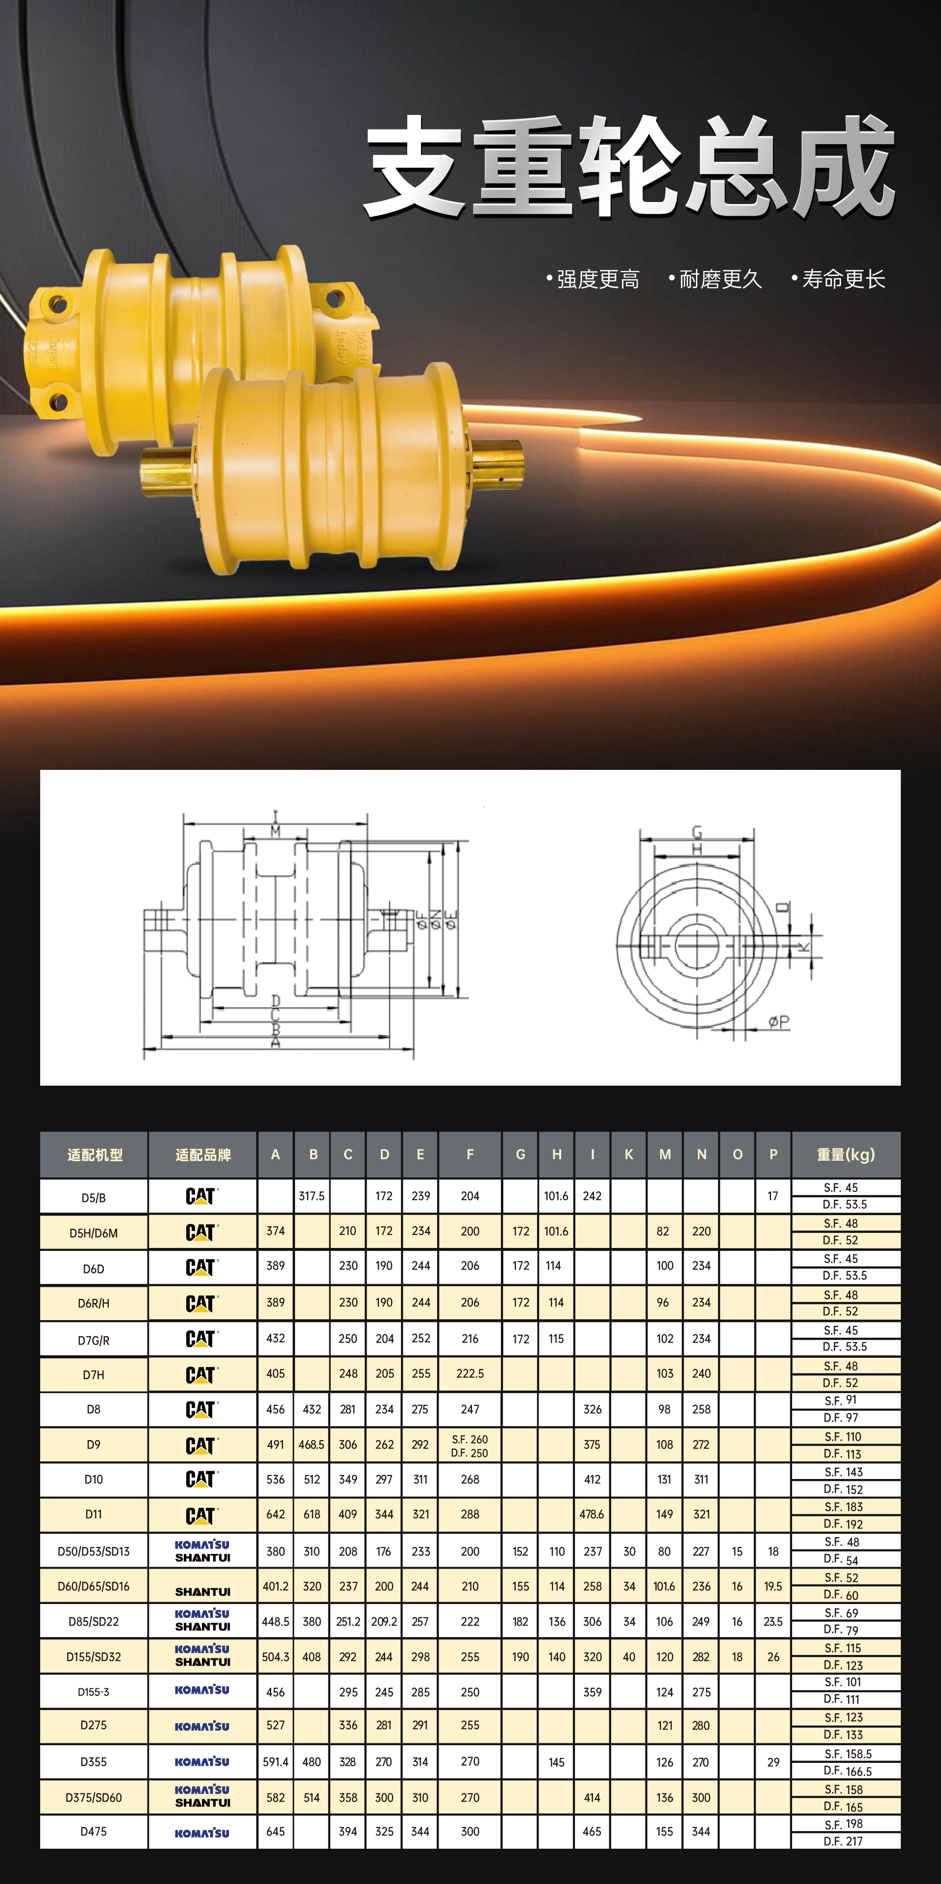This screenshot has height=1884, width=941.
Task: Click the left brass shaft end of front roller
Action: (x=168, y=471)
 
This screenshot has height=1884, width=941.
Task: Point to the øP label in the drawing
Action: (x=779, y=1022)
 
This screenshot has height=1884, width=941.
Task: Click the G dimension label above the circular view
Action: (x=697, y=832)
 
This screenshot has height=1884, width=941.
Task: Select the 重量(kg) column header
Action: (x=846, y=1154)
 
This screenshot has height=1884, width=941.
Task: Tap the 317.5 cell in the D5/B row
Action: (x=312, y=1196)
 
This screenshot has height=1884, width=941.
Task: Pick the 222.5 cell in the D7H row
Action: (x=470, y=1374)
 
